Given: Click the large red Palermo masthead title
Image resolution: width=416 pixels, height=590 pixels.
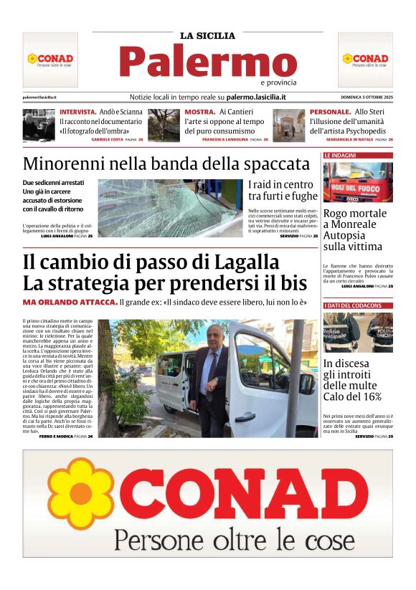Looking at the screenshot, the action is [207, 61].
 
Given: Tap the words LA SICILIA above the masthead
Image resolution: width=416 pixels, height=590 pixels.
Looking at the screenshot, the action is [207, 35].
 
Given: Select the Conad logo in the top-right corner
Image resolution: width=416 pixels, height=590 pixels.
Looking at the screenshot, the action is [365, 59].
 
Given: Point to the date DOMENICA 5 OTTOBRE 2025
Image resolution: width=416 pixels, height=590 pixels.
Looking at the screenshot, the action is [367, 97].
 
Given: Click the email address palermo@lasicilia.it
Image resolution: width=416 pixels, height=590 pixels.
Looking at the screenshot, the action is [40, 97].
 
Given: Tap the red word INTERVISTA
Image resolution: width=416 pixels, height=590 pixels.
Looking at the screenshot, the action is [77, 113].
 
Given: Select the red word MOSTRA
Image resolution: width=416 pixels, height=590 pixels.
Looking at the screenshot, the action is [200, 113].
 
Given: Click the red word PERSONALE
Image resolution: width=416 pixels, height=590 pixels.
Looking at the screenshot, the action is [330, 113].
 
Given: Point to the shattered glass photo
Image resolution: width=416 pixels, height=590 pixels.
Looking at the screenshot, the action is [169, 208].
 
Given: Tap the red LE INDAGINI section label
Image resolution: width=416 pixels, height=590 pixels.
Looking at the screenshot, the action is [341, 155].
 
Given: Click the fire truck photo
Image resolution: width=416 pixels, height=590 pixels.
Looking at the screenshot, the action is [358, 182].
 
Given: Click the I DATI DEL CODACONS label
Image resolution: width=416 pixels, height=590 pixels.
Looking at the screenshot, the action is [353, 306].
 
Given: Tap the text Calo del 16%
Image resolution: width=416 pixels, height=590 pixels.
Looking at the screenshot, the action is [352, 396].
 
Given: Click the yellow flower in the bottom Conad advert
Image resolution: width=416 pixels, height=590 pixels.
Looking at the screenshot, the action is [80, 494].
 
